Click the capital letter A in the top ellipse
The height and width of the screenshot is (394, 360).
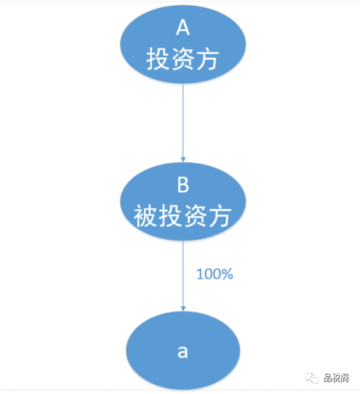click(x=183, y=28)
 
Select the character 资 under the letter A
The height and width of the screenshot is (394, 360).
click(x=183, y=60)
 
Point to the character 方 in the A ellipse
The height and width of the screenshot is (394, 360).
click(x=207, y=60)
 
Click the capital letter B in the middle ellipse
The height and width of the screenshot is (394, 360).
click(x=183, y=185)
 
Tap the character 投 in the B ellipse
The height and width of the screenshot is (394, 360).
click(x=171, y=217)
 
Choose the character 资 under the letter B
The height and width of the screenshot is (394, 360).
click(x=195, y=217)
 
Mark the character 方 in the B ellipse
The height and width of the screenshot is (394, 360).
click(x=220, y=217)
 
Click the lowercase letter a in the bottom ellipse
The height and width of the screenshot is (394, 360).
click(x=183, y=351)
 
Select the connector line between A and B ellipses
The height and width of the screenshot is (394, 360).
click(x=183, y=123)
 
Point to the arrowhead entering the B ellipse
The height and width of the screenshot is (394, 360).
click(x=183, y=159)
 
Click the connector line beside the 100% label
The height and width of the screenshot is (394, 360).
click(x=183, y=276)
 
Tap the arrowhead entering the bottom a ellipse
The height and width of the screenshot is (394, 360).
click(x=183, y=308)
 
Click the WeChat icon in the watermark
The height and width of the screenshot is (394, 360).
click(x=312, y=377)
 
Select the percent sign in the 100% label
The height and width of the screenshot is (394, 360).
click(x=227, y=274)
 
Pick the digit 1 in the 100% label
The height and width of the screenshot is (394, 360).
click(x=200, y=274)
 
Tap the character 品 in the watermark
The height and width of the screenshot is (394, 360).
click(x=328, y=378)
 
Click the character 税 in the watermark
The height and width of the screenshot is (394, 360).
click(x=336, y=378)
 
